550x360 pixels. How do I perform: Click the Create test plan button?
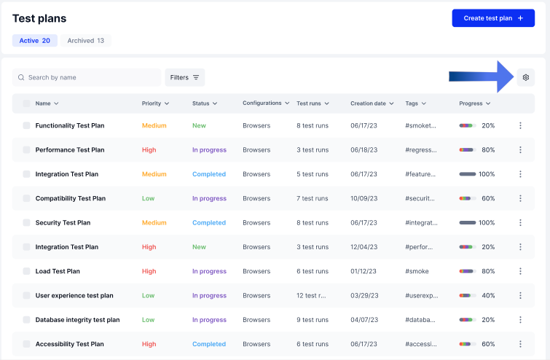[493, 18]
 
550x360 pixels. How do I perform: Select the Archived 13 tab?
[85, 41]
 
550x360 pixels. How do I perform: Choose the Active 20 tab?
[35, 41]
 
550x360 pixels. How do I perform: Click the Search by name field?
[87, 77]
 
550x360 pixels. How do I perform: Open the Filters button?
[185, 77]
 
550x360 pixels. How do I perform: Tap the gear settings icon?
[525, 77]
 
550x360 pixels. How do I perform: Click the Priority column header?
[155, 103]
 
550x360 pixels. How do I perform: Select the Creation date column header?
[372, 103]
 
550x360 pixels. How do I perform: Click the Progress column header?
[474, 103]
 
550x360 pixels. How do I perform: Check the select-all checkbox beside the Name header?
[26, 103]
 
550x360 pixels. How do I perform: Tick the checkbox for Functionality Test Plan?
[26, 125]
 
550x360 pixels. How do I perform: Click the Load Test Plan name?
[58, 271]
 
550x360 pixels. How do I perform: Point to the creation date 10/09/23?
[364, 198]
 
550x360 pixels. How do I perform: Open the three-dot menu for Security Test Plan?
[520, 223]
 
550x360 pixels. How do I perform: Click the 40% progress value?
[488, 295]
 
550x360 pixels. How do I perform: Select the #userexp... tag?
[421, 295]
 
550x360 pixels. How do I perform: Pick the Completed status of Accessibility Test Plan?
[208, 344]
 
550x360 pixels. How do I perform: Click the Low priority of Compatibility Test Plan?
[148, 198]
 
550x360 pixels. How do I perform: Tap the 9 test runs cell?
[313, 320]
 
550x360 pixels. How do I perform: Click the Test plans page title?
[39, 19]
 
